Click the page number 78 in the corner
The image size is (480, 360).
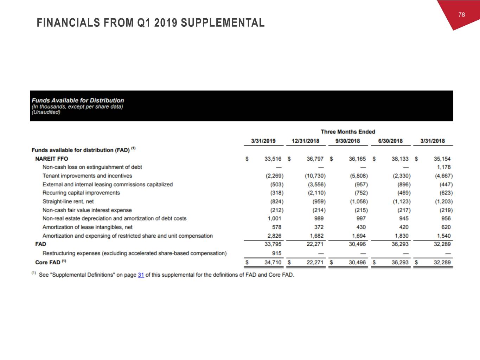click(461, 14)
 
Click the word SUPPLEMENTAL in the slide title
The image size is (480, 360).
click(223, 23)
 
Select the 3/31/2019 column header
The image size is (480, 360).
click(263, 141)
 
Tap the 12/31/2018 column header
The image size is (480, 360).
click(306, 141)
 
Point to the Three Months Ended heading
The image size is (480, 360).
click(348, 132)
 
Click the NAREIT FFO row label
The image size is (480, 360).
click(52, 159)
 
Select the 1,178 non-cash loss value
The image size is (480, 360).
click(443, 167)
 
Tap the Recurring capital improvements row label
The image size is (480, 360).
click(81, 193)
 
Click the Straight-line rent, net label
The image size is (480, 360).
click(68, 201)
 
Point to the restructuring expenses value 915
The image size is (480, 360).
click(277, 253)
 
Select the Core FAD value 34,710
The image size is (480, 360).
click(273, 262)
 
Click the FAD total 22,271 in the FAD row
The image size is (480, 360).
click(315, 244)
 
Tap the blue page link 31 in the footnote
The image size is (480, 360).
click(141, 275)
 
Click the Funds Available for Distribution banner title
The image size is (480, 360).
click(78, 100)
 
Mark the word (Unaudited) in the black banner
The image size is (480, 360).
click(46, 112)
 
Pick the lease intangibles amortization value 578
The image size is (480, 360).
click(277, 227)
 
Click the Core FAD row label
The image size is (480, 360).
click(47, 262)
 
